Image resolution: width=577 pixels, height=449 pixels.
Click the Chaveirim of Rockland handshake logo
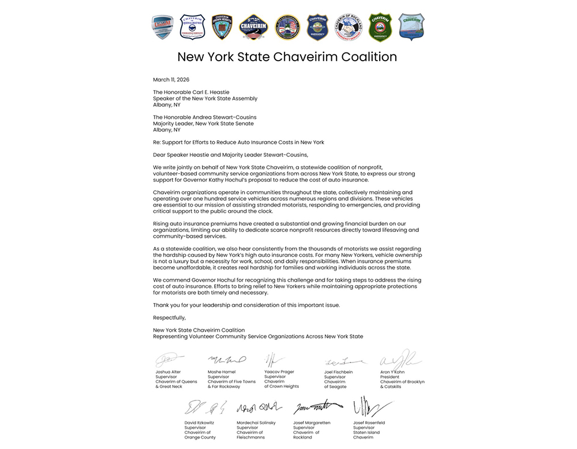(349, 27)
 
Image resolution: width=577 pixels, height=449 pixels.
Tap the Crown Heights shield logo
(222, 27)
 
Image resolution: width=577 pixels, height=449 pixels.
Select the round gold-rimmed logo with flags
(287, 27)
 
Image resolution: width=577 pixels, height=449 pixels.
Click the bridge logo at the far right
(411, 27)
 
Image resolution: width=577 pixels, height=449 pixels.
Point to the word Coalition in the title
(366, 57)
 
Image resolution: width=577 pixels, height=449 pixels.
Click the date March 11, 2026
(171, 79)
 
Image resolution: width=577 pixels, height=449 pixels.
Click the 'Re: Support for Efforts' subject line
(238, 142)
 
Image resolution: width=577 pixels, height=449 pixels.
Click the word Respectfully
(170, 317)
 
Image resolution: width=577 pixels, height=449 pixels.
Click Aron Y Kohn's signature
(400, 360)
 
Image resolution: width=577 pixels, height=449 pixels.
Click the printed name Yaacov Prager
(279, 372)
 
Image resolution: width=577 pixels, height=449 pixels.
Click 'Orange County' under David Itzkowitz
(200, 437)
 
